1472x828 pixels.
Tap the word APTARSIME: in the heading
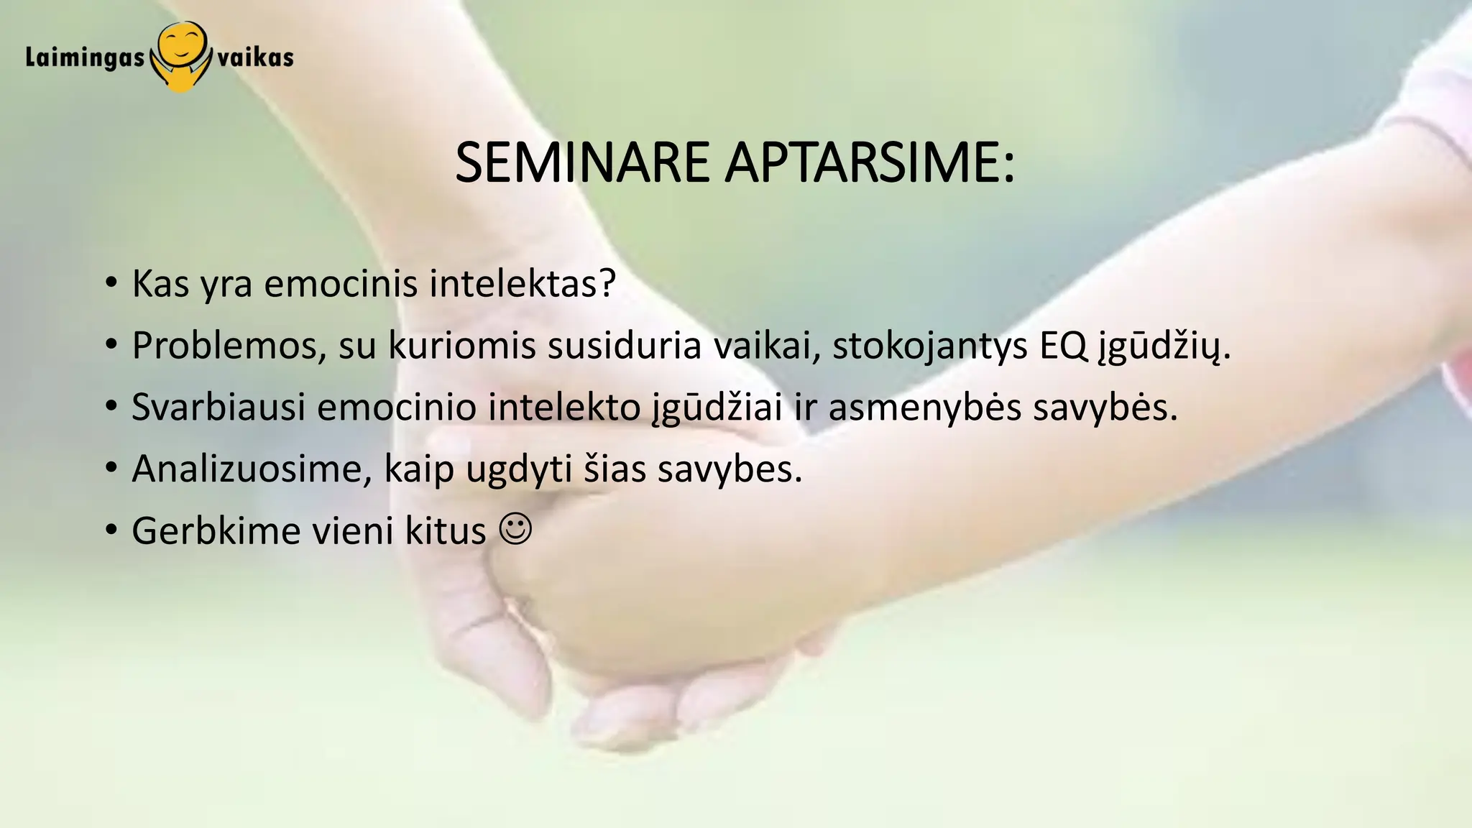click(x=870, y=163)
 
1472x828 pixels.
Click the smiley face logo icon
click(x=180, y=55)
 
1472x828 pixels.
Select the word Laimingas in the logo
click(x=85, y=57)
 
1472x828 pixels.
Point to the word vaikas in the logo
click(x=255, y=57)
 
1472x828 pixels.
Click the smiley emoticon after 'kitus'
click(x=515, y=530)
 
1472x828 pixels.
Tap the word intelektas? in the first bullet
click(x=523, y=284)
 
